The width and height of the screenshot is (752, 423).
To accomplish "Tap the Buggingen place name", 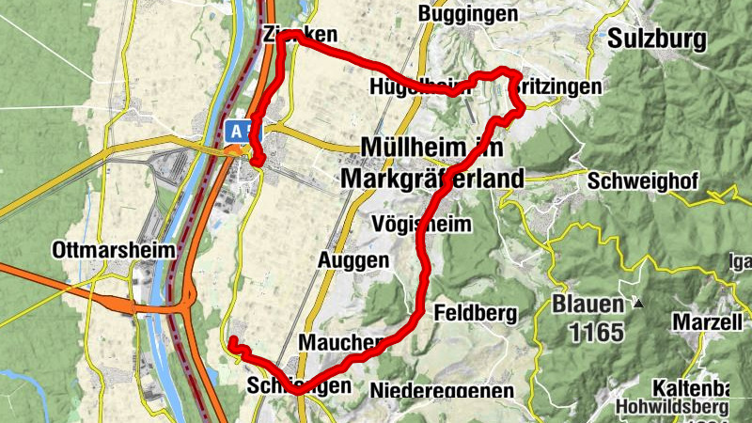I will pos(467,14).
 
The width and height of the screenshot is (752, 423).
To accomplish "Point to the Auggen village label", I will pos(352,258).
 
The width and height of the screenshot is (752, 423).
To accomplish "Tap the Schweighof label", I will pos(642,180).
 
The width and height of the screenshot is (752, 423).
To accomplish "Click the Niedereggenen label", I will pos(442,389).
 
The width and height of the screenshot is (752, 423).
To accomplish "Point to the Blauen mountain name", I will pos(587,305).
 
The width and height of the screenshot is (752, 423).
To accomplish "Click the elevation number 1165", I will pos(588,332).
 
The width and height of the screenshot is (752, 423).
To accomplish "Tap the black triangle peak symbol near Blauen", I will pos(638,304).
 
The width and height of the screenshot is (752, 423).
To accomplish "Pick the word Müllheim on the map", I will pos(419,149).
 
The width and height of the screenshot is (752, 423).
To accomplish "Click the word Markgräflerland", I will pos(434,177).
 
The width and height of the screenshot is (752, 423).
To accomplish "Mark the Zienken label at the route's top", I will pos(300,35).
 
